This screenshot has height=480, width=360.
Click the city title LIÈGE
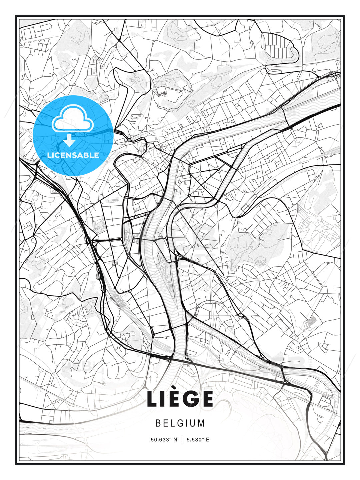point(180,399)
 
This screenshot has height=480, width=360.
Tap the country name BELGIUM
point(180,423)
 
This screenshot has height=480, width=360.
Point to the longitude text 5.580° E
point(198,440)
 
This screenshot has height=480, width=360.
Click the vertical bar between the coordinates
point(182,440)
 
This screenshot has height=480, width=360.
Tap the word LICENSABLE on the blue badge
point(73,155)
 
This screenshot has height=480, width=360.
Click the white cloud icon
point(72,118)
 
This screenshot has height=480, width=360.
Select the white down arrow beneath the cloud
point(69,140)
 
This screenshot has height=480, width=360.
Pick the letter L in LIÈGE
point(153,399)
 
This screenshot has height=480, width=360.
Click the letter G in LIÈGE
point(190,399)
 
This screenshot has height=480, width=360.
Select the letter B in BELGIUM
point(158,423)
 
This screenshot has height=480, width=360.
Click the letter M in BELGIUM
point(201,423)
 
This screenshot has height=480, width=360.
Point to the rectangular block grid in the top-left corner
point(32,33)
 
